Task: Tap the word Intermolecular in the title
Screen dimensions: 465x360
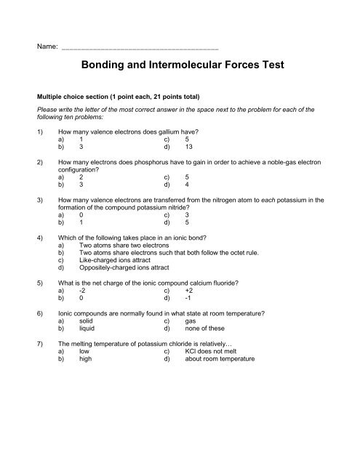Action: [175, 65]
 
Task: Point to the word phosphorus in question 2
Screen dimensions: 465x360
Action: [156, 161]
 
